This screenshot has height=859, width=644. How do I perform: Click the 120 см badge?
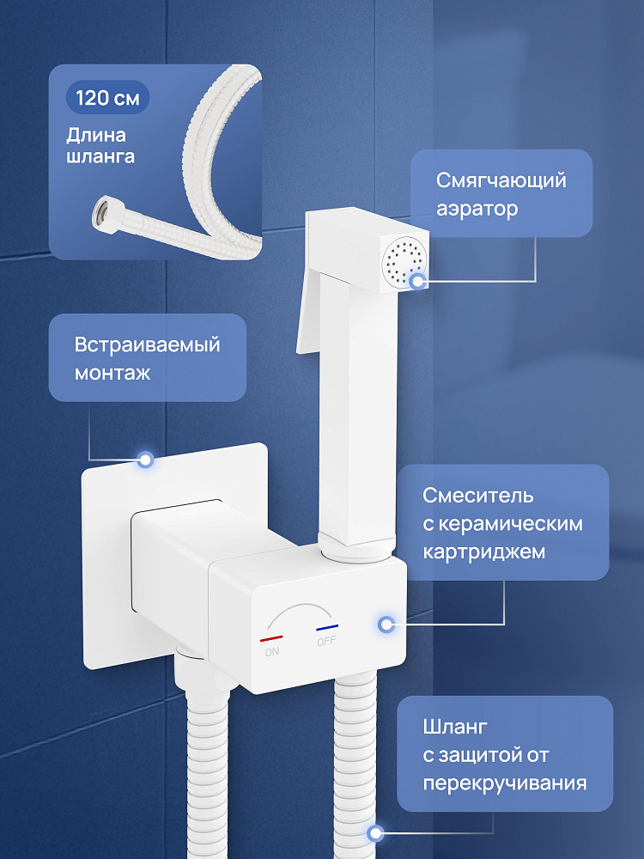coord(108,98)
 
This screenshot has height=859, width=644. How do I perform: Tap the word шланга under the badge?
coord(100,156)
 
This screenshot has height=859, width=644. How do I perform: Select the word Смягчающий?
coord(501,180)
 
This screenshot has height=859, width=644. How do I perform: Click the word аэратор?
coord(477,210)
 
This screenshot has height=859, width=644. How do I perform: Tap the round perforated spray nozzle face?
coord(404,262)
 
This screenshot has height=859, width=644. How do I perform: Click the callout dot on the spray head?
coord(418,282)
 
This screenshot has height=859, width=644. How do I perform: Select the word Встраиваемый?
coord(148,345)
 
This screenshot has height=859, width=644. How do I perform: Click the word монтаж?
coord(112,374)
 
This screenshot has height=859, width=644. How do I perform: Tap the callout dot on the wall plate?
coord(145,459)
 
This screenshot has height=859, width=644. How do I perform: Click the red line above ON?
coord(271,639)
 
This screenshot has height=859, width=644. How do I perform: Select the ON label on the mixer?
coord(271,652)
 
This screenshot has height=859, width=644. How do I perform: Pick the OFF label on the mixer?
coord(326,641)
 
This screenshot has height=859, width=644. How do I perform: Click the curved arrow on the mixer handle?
coord(299,608)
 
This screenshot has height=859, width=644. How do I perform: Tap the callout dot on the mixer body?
coord(386,624)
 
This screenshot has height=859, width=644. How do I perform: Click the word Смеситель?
coord(477,496)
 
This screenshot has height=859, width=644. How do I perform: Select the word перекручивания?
coord(504,783)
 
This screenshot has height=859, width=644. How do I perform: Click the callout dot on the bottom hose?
coord(375,833)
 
